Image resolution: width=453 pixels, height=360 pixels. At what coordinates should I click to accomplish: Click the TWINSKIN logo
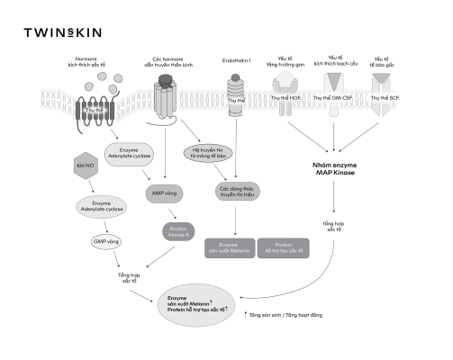(x=62, y=32)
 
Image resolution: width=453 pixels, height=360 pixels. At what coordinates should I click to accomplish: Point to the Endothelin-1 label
(x=236, y=61)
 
